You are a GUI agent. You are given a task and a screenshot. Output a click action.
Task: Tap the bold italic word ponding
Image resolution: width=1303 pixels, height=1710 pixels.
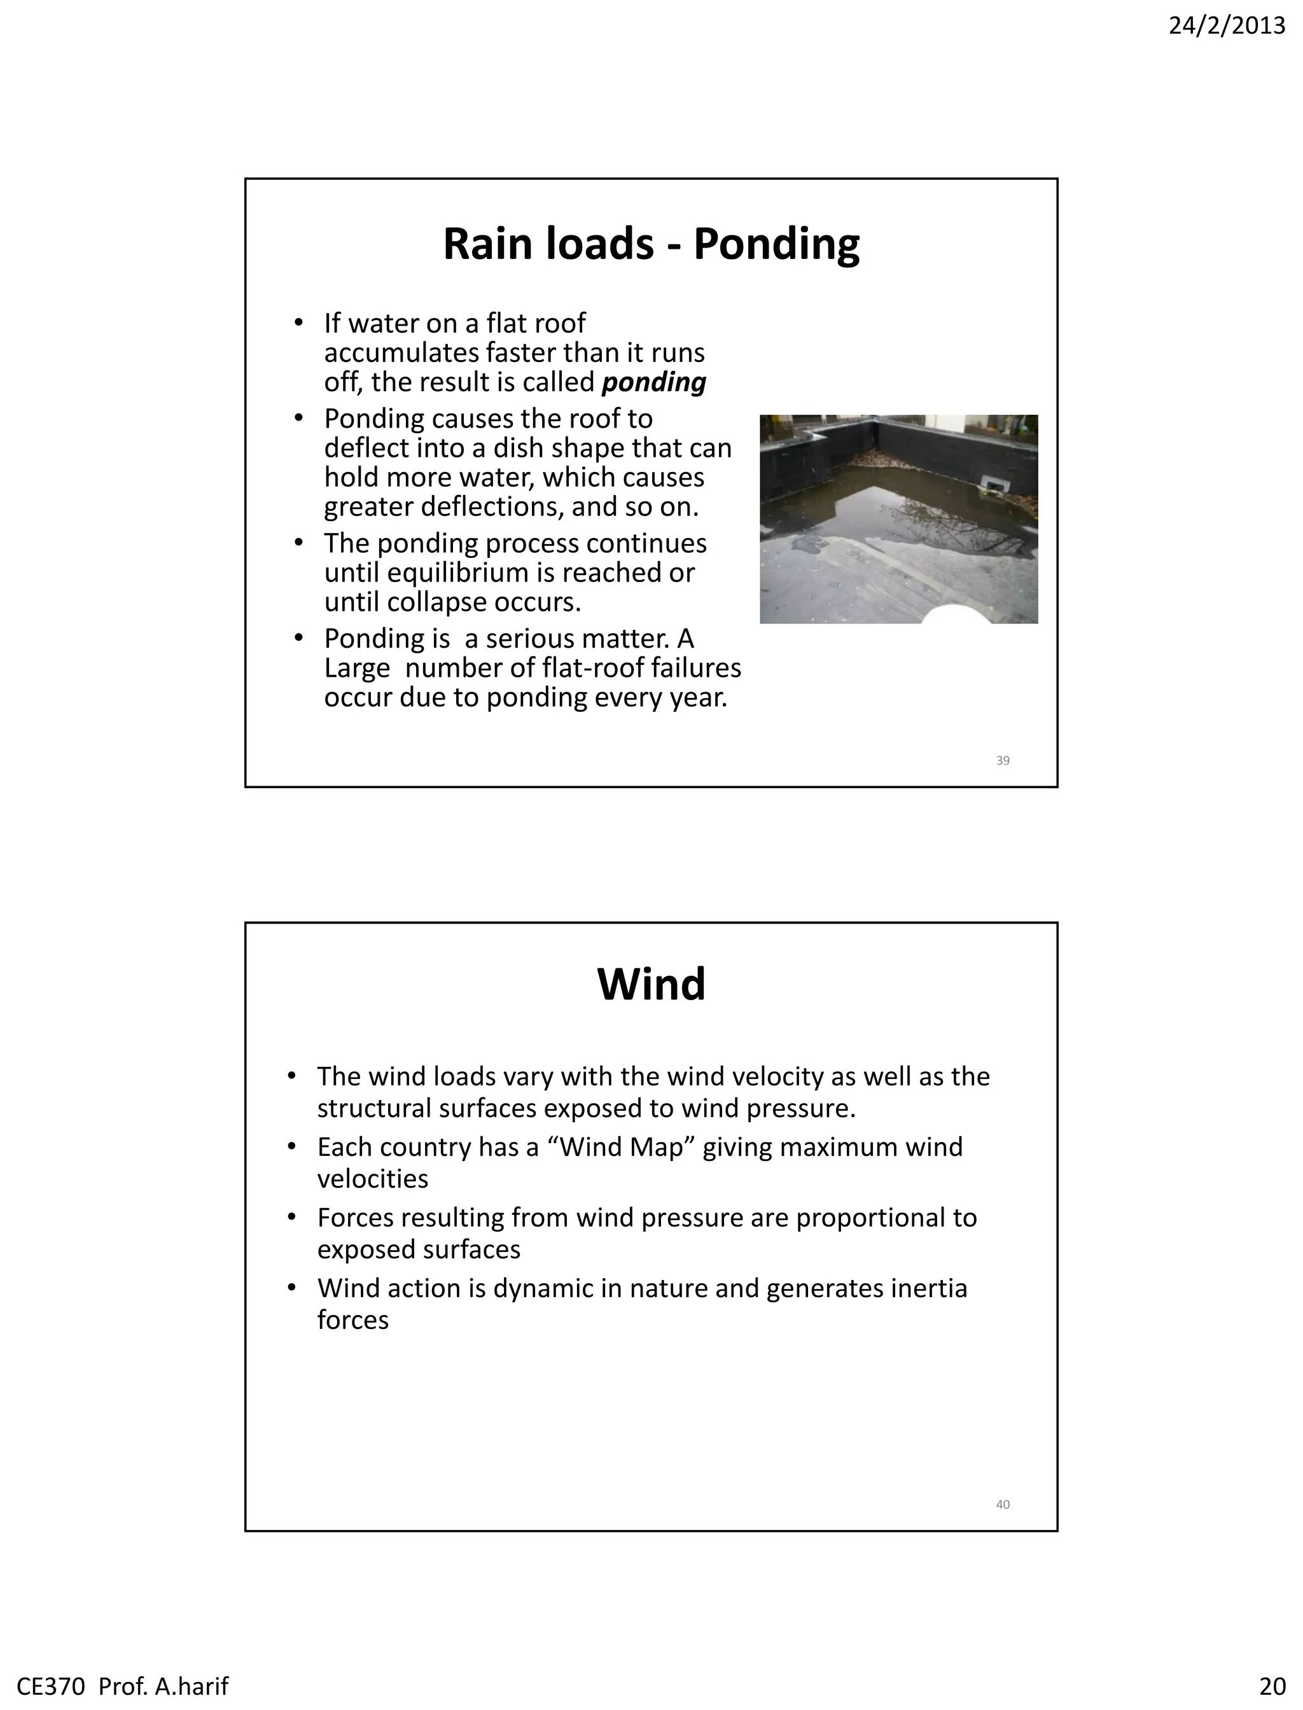pos(654,383)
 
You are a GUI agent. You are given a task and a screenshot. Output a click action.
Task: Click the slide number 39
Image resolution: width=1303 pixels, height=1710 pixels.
pos(1002,761)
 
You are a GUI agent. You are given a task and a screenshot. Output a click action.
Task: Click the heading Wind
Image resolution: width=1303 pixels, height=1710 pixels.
pos(651,984)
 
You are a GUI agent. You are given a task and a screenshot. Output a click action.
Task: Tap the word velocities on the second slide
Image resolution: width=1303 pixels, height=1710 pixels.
pos(372,1179)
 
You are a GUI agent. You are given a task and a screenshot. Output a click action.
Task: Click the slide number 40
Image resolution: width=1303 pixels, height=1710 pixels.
pos(1002,1505)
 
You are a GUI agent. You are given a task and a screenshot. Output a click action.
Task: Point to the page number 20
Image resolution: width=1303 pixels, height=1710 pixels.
pos(1272,1686)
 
